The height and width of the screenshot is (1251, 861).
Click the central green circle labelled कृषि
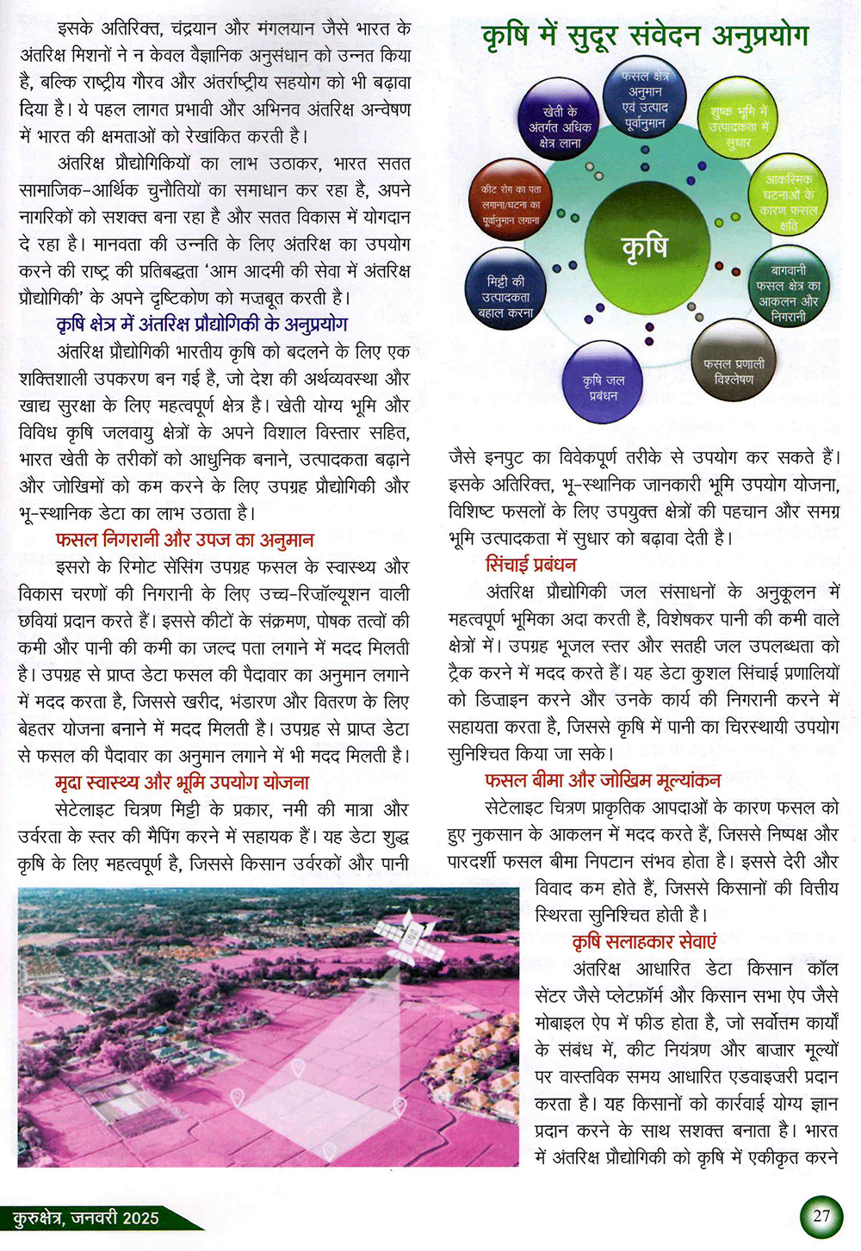(644, 246)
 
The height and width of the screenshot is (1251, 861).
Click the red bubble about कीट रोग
(511, 204)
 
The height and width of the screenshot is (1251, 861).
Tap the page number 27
(821, 1215)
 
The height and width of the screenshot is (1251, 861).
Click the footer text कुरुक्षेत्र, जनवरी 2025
(86, 1217)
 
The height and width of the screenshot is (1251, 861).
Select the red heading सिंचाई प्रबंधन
(531, 565)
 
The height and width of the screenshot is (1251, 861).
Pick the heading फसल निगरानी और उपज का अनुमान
(184, 540)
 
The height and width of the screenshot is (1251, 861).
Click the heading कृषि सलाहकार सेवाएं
(644, 942)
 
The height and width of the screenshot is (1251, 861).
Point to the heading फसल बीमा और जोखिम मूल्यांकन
(603, 781)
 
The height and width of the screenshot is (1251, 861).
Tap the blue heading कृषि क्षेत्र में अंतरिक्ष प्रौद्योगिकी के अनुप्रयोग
(202, 325)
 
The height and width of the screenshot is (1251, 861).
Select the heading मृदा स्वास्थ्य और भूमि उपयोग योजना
(182, 783)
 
